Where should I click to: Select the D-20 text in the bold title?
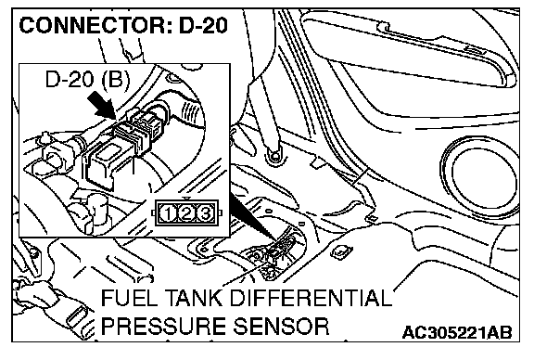tap(203, 26)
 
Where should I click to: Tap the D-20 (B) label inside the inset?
tap(87, 80)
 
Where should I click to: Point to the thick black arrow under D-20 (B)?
tap(101, 107)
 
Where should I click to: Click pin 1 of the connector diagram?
tap(168, 213)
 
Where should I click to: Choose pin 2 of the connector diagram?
tap(186, 213)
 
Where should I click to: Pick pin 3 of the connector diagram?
tap(205, 213)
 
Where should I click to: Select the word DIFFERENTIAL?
tap(311, 298)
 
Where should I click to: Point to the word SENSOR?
tap(281, 326)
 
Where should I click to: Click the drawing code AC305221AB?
tap(457, 332)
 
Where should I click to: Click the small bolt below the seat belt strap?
tap(274, 156)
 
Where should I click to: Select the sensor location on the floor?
tap(276, 253)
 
